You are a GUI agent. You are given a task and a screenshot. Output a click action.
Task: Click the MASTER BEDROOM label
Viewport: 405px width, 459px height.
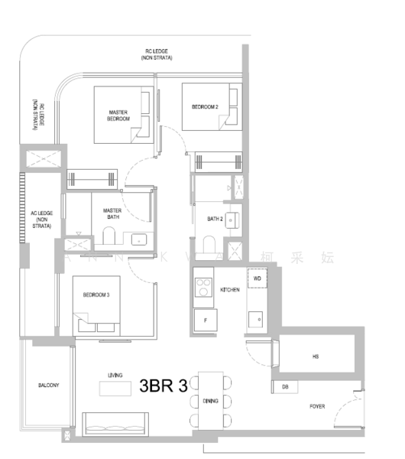pos(118,116)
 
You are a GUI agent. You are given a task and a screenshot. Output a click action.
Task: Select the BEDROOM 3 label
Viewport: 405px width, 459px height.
pos(94,294)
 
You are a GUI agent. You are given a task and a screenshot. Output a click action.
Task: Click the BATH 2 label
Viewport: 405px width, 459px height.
pos(215,219)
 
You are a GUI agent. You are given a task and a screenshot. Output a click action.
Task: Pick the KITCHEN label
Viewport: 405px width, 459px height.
pos(230,290)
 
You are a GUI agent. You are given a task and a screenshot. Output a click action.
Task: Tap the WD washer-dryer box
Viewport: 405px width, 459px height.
pos(257,278)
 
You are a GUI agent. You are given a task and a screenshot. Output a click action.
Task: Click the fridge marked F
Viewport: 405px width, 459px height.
pos(204,321)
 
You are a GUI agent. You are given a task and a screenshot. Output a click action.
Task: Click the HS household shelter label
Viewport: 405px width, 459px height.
pos(315,356)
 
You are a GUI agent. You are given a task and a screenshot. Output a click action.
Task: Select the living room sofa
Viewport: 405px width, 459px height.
pos(115,424)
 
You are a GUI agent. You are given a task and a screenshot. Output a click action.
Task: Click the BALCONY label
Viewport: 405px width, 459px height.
pos(48,385)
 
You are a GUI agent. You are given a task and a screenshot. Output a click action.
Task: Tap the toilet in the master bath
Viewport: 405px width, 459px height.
pos(109,234)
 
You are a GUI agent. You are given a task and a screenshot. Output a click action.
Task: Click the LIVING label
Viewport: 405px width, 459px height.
pos(115,375)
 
